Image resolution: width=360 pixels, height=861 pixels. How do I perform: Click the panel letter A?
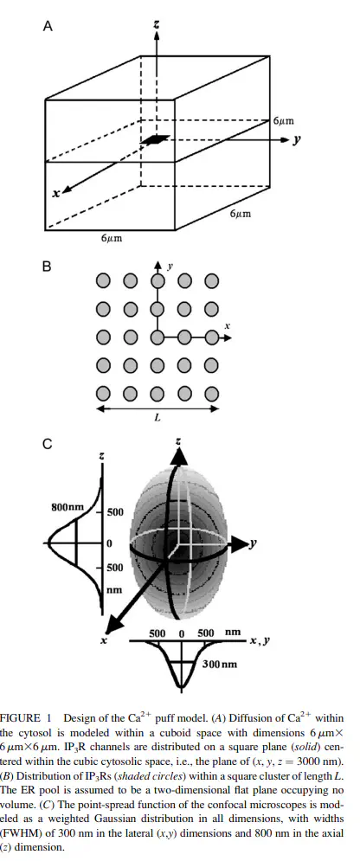(48, 26)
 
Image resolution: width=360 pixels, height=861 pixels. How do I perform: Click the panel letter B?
(48, 267)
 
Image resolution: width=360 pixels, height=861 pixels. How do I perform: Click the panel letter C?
(48, 445)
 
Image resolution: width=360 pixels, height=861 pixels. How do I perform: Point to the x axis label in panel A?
(55, 193)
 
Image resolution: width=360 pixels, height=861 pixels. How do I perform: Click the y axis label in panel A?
(297, 139)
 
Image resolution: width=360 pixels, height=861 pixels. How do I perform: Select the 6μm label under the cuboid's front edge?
(112, 238)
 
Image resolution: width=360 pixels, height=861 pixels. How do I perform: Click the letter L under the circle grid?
(157, 418)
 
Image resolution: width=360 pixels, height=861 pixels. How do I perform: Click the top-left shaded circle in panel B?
(103, 282)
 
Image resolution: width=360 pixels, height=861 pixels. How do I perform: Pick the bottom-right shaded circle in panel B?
(211, 394)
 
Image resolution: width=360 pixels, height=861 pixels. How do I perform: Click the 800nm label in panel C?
(67, 507)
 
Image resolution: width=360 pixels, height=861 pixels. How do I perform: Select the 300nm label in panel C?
(220, 664)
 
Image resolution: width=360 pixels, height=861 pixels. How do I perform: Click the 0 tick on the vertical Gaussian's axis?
(109, 543)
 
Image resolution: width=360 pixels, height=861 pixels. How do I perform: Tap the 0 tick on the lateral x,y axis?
(181, 633)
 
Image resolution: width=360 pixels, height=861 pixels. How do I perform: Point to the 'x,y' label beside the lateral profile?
(260, 641)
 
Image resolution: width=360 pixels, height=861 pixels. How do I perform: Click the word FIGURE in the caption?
(20, 717)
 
